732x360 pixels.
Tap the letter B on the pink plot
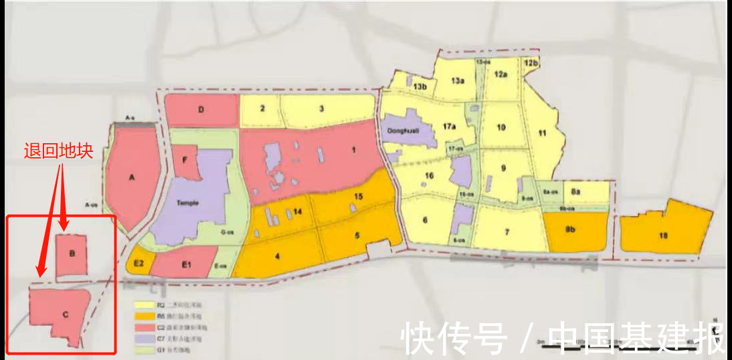[x=72, y=254]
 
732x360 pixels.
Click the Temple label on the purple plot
[x=187, y=203]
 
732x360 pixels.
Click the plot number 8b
[x=571, y=229]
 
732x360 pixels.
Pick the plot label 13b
[x=420, y=87]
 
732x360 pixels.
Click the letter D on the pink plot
[x=201, y=110]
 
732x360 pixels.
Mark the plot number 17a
[x=449, y=125]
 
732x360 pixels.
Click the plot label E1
[x=186, y=266]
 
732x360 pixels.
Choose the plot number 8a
[x=576, y=192]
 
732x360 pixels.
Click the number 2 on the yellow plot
[x=263, y=108]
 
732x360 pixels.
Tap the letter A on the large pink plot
[x=132, y=177]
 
